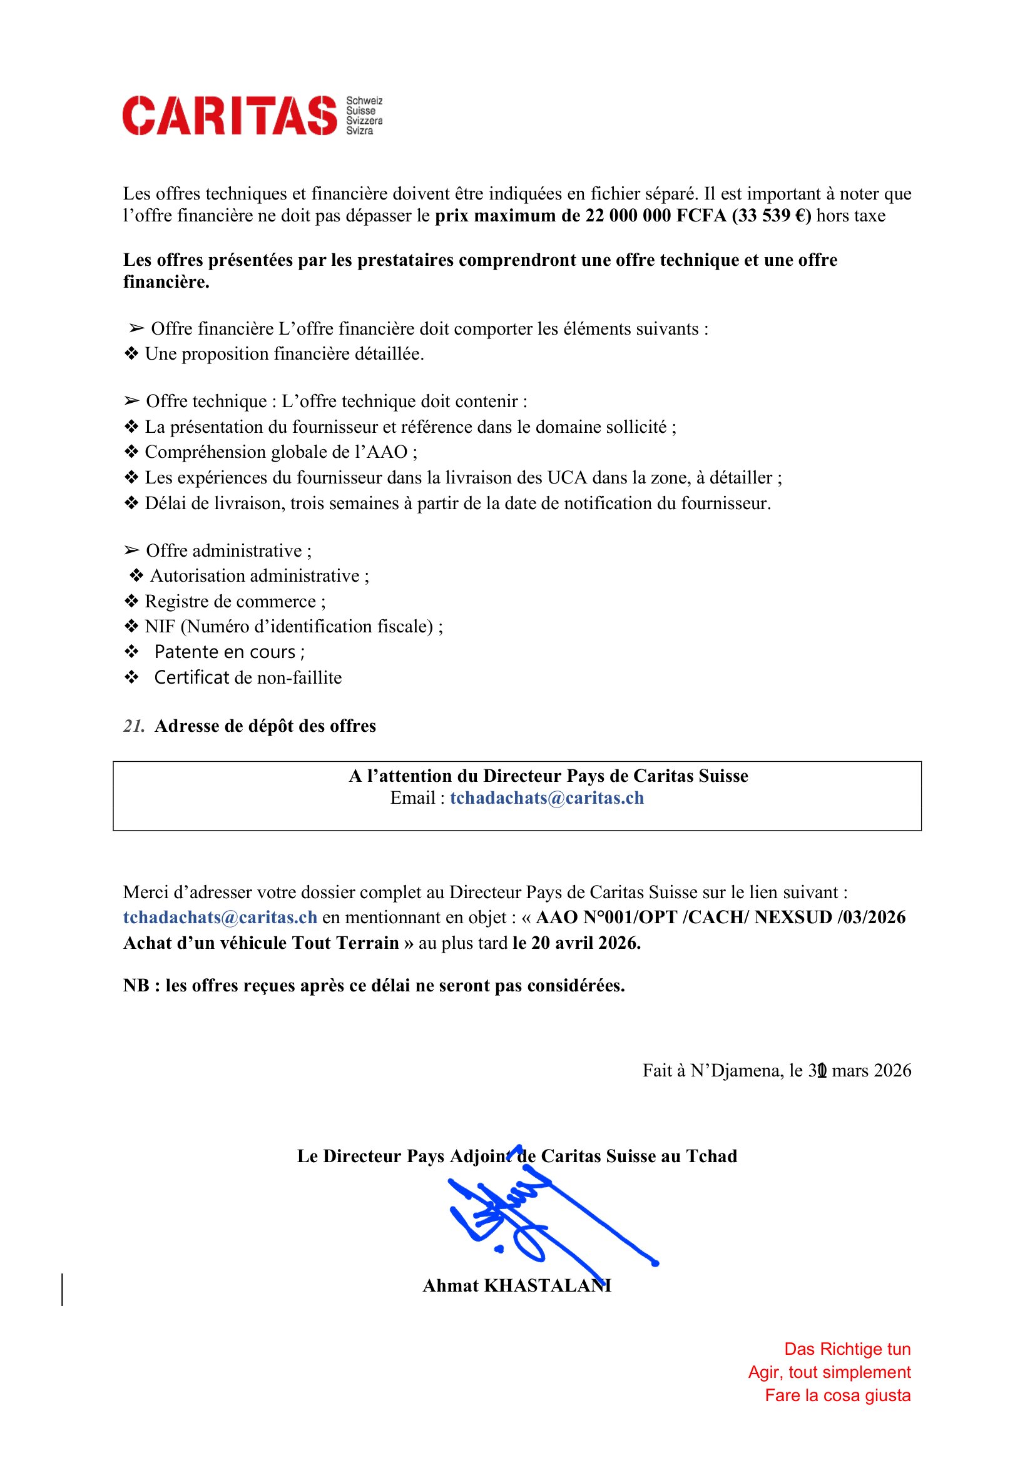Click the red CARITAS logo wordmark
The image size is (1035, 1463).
tap(230, 115)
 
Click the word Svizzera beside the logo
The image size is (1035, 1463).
tap(364, 121)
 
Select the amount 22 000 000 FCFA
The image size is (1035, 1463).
tap(656, 216)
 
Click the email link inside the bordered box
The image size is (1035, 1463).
tap(547, 797)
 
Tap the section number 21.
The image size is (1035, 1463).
tap(134, 726)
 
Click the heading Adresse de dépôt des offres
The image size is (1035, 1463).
tap(265, 726)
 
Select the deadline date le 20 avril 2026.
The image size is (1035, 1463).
tap(576, 943)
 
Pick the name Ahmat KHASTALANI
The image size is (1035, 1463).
tap(517, 1285)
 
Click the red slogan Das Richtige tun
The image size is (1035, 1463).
tap(847, 1349)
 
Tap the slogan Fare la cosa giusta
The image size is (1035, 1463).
tap(837, 1395)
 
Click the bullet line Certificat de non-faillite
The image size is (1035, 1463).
tap(248, 677)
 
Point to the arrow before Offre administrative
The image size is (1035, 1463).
tap(131, 550)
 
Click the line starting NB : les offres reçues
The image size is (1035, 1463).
tap(374, 985)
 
